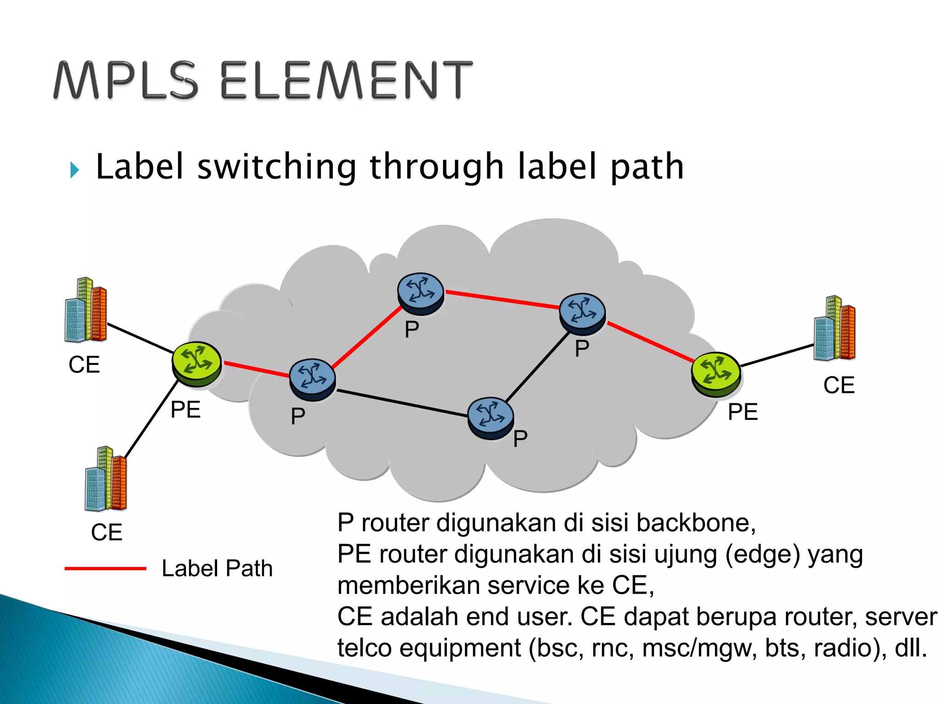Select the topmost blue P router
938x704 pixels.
click(420, 293)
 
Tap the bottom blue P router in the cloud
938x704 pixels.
click(491, 418)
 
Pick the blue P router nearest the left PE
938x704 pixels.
click(312, 379)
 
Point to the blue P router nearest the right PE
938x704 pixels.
click(582, 313)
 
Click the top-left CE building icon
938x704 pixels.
click(86, 311)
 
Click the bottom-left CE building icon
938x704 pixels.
click(106, 479)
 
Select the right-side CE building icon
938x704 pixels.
click(834, 329)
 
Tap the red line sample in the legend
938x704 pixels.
click(105, 568)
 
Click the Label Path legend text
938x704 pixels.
click(217, 568)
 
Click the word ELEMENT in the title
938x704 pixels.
click(346, 81)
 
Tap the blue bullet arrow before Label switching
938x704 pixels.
click(75, 170)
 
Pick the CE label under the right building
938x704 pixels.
click(839, 385)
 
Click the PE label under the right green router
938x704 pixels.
click(742, 412)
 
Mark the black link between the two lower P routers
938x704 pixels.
click(402, 403)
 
